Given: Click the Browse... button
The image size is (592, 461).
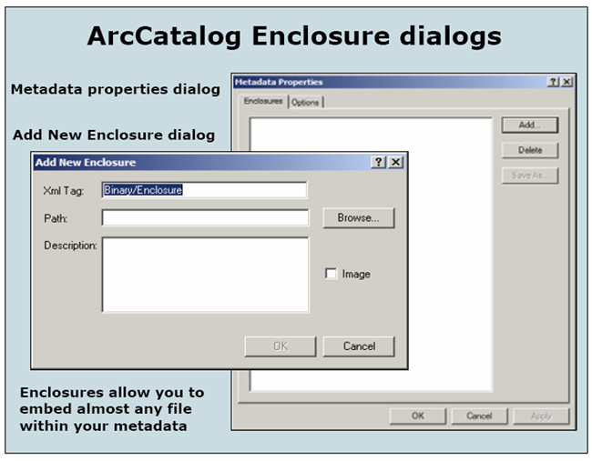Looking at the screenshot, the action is pos(359,218).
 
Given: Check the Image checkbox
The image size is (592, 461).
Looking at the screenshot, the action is pos(331,274).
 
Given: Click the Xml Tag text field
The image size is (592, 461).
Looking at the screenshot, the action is pos(204,190).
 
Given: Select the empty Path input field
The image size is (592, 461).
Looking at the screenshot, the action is pos(206,218).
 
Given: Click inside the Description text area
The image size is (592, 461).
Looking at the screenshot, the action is pos(206,275).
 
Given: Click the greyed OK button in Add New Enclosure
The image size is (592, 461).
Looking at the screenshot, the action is pos(281,346).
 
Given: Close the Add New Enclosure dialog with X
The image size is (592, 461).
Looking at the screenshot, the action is pos(395,162).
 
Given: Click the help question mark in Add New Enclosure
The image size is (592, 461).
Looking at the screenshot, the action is pos(378,162).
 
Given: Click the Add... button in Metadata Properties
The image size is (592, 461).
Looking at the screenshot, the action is pos(530,125).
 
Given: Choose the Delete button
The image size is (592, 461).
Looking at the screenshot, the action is pos(530,150).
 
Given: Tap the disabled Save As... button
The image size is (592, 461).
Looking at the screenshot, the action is pos(530,175).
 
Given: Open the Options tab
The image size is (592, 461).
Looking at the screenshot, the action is pos(305,102).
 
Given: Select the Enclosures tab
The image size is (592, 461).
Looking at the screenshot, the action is pos(263,101).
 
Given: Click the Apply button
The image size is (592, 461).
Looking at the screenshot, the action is pos(541,416).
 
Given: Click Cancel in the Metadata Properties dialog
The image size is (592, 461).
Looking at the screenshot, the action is pos(479,416).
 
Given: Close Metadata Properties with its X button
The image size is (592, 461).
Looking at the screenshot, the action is pos(566,82).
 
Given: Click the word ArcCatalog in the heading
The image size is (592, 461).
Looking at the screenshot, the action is pos(164,37).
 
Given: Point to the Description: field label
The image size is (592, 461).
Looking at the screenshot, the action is pos(70,246).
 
